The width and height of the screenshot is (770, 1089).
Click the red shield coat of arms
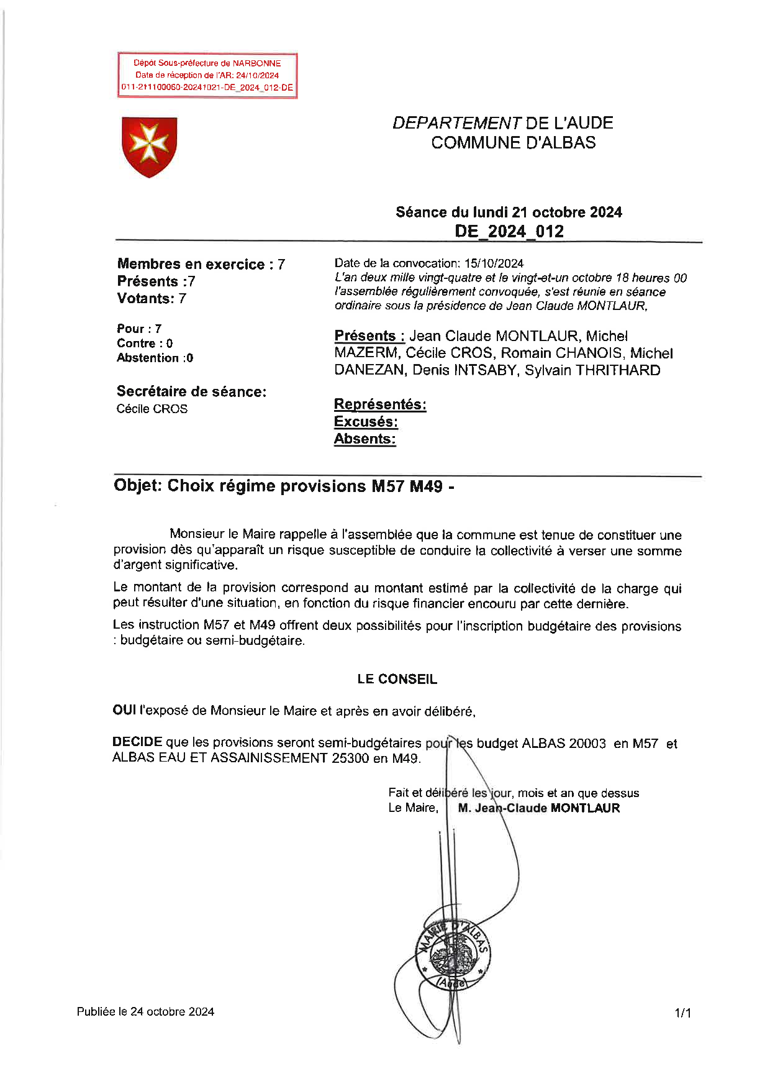point(149,147)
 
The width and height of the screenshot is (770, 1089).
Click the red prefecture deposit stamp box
point(207,75)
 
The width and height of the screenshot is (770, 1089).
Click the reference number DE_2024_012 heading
point(509,231)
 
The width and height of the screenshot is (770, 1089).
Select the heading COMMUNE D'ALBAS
point(513,142)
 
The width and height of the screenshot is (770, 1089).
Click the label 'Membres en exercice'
point(191,264)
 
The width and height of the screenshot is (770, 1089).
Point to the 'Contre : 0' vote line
point(145,344)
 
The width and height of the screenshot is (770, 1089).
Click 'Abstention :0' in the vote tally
point(155,358)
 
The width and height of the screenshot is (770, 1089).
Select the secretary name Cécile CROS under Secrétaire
point(152,409)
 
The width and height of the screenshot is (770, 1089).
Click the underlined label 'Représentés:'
point(379,404)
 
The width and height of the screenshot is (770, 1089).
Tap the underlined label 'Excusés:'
point(366,422)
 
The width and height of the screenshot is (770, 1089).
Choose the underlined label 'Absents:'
point(365,439)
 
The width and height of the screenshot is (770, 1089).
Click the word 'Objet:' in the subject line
point(137,486)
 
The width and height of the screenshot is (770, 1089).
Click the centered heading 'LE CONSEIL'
point(397,679)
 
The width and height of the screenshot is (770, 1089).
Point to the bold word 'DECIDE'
point(137,742)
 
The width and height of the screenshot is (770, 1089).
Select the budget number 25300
point(350,758)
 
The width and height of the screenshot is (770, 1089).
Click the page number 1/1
point(682,1013)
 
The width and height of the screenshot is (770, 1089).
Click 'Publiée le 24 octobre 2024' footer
point(145,1011)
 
